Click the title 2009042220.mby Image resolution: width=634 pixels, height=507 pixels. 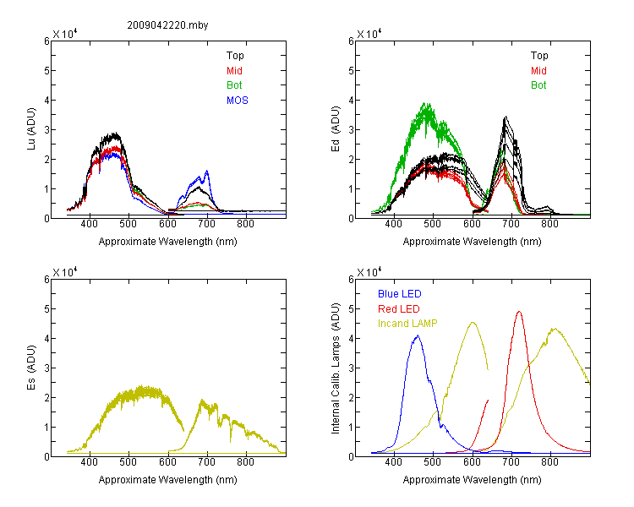(167, 25)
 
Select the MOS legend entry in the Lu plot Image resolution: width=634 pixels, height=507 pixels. (238, 101)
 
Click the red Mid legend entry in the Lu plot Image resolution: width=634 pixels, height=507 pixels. (234, 71)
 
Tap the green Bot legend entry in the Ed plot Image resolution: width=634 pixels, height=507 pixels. (538, 85)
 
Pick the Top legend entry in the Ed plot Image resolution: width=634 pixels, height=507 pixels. (539, 56)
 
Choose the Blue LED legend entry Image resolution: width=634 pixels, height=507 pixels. (400, 294)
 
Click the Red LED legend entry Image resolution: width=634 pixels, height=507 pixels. (399, 309)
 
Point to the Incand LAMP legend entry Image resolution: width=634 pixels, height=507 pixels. (407, 324)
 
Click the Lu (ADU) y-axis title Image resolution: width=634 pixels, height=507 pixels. (31, 129)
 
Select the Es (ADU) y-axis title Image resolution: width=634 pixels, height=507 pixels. (31, 368)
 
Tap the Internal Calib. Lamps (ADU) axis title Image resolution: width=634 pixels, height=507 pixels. (336, 368)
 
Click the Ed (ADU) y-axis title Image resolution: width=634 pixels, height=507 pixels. (336, 129)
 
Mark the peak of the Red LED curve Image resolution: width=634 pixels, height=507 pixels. (519, 311)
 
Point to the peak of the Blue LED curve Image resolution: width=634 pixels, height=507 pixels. (418, 335)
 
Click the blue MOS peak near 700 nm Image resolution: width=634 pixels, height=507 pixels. (207, 171)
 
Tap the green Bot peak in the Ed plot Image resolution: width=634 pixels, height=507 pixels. (426, 103)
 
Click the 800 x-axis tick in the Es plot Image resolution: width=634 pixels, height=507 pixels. (245, 462)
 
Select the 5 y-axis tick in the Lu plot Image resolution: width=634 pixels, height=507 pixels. (47, 71)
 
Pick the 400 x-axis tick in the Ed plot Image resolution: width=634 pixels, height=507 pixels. (393, 224)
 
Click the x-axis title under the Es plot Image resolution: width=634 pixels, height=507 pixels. (168, 480)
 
